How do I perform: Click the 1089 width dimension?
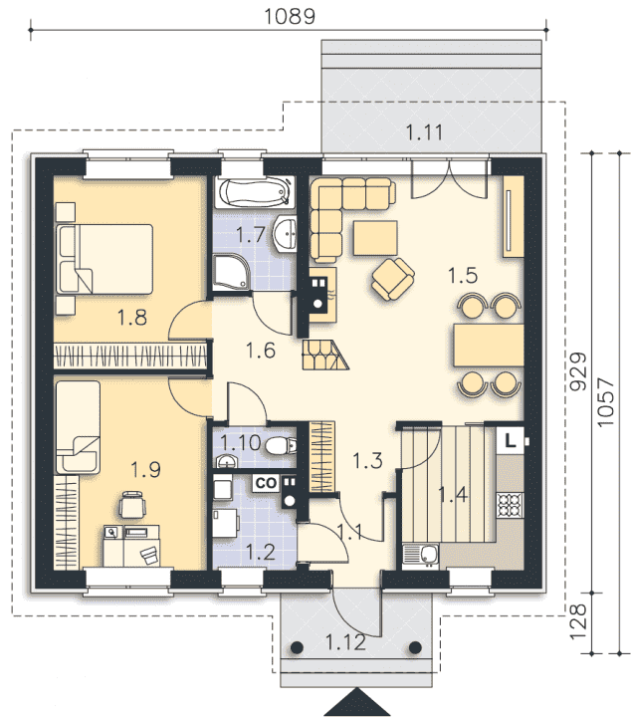pyautogui.click(x=290, y=16)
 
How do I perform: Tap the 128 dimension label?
pyautogui.click(x=578, y=621)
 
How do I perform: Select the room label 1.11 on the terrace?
pyautogui.click(x=424, y=132)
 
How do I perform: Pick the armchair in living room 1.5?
pyautogui.click(x=393, y=279)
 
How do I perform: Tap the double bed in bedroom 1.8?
pyautogui.click(x=105, y=259)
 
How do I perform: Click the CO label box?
pyautogui.click(x=266, y=483)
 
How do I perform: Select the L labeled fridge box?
pyautogui.click(x=511, y=440)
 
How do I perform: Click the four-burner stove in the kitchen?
pyautogui.click(x=510, y=505)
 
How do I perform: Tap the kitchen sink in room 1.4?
pyautogui.click(x=421, y=554)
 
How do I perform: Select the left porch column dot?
pyautogui.click(x=297, y=647)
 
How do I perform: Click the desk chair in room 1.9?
pyautogui.click(x=132, y=505)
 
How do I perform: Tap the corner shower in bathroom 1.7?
pyautogui.click(x=231, y=273)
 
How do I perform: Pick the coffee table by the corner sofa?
pyautogui.click(x=375, y=238)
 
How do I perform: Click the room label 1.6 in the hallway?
pyautogui.click(x=261, y=351)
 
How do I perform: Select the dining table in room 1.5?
pyautogui.click(x=489, y=345)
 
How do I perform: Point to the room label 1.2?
pyautogui.click(x=261, y=552)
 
